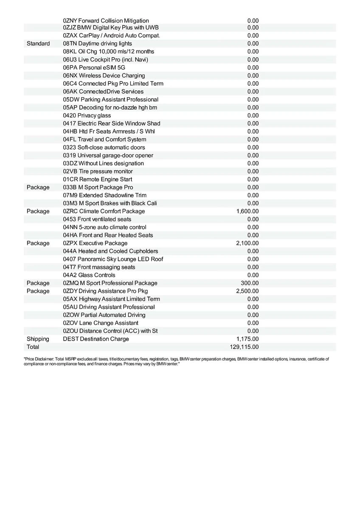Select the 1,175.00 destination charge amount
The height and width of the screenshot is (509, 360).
point(247,339)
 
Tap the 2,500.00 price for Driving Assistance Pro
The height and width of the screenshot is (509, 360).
point(247,291)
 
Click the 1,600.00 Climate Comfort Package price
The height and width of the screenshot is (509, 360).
point(247,211)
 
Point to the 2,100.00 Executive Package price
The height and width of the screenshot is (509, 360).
point(247,243)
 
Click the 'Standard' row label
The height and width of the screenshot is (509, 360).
point(38,44)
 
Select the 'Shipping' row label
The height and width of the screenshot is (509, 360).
point(38,339)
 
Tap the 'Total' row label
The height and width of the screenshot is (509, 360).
point(33,347)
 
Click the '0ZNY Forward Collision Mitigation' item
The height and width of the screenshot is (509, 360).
point(106,20)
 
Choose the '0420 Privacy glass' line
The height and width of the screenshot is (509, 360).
point(87,115)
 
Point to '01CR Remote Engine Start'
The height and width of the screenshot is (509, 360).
point(98,179)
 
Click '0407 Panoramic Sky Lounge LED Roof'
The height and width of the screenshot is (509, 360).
point(113,259)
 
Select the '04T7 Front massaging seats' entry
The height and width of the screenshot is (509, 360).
point(99,267)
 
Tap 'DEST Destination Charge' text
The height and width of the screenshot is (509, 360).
point(96,339)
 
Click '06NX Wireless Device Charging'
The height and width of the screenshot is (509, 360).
point(104,76)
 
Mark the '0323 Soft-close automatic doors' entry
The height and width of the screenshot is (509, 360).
point(104,148)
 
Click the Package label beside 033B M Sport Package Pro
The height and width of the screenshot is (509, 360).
point(38,187)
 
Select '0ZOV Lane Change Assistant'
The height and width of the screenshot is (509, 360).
point(101,323)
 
